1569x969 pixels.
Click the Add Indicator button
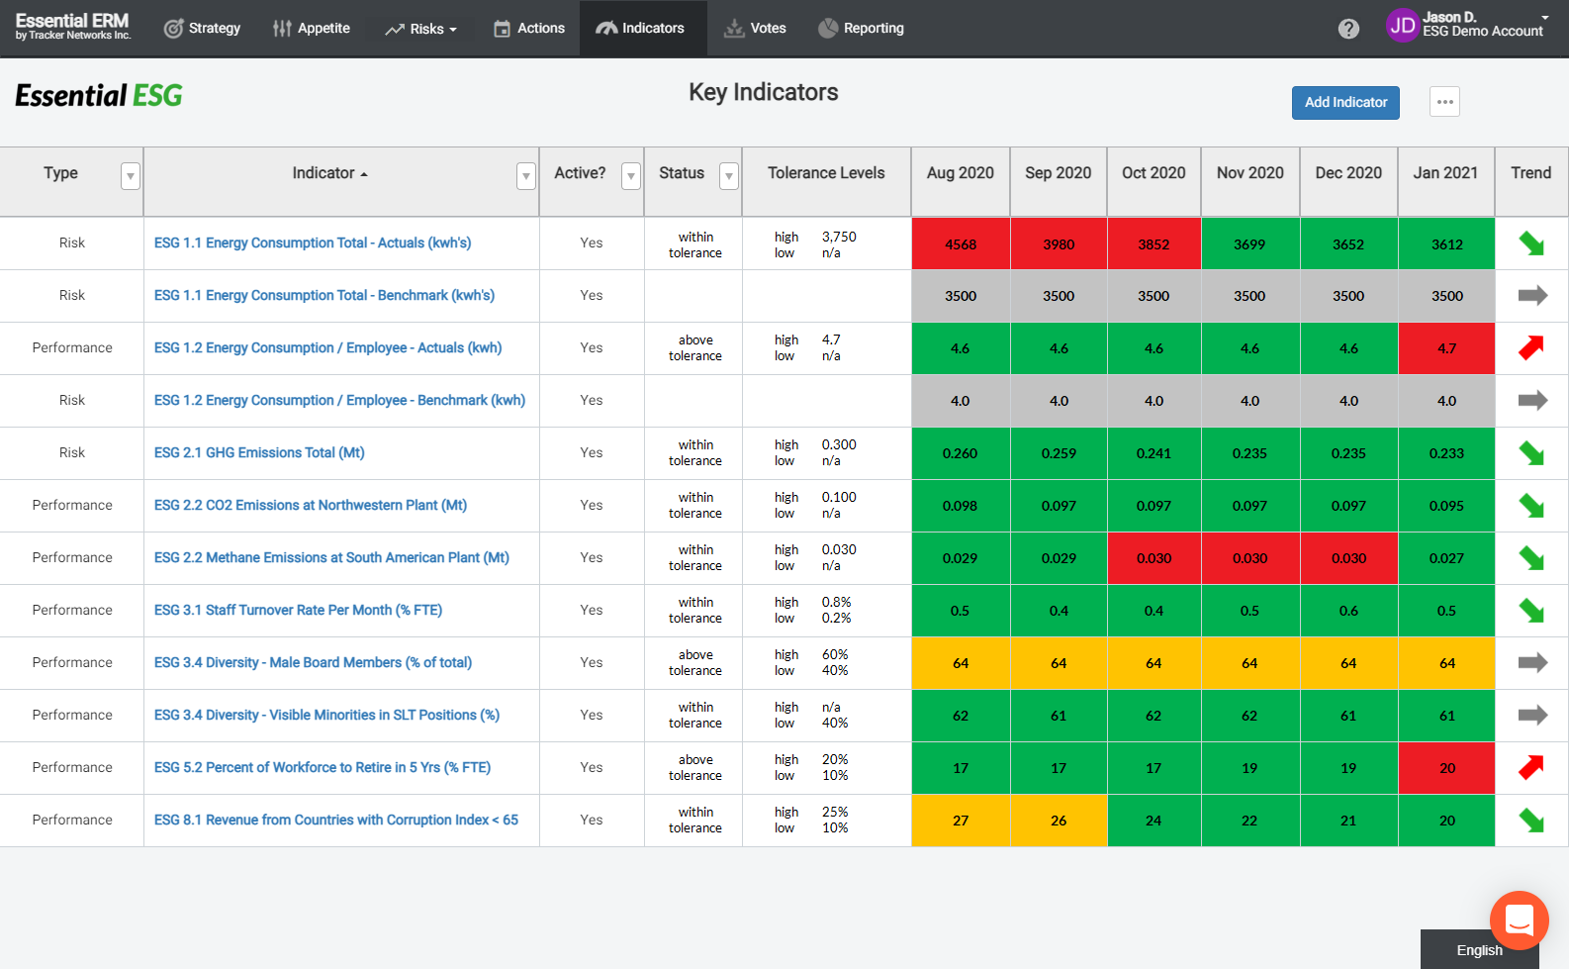point(1344,103)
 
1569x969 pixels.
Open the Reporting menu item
point(861,29)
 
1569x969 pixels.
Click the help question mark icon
point(1348,29)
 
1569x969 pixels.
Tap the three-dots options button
point(1444,102)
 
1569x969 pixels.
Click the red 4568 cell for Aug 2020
point(960,244)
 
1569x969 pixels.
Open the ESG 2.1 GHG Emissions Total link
point(259,453)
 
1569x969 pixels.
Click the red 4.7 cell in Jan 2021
point(1445,348)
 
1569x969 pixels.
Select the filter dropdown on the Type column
point(130,176)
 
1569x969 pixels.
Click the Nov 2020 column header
point(1249,173)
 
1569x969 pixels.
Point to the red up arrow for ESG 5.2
point(1530,767)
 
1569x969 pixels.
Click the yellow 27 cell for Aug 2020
point(960,821)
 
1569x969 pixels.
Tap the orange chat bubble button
point(1519,920)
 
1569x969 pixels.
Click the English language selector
point(1479,950)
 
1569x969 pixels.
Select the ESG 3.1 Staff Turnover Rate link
point(298,611)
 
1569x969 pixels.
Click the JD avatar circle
point(1402,26)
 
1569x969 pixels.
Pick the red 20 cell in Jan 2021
point(1445,768)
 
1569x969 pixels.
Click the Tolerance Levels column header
point(826,173)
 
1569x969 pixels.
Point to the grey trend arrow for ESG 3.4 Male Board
point(1531,663)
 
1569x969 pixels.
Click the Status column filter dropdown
point(728,176)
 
